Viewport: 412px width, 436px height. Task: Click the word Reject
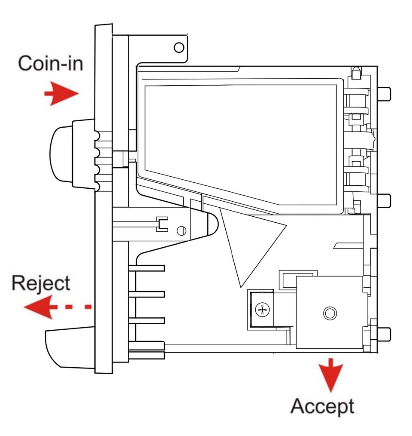[x=40, y=283]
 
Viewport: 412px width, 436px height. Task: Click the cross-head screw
[x=261, y=310]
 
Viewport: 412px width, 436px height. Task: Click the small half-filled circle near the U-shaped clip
[x=182, y=230]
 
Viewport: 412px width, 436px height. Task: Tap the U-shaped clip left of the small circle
[x=163, y=224]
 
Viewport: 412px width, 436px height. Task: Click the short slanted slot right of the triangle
[x=348, y=245]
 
